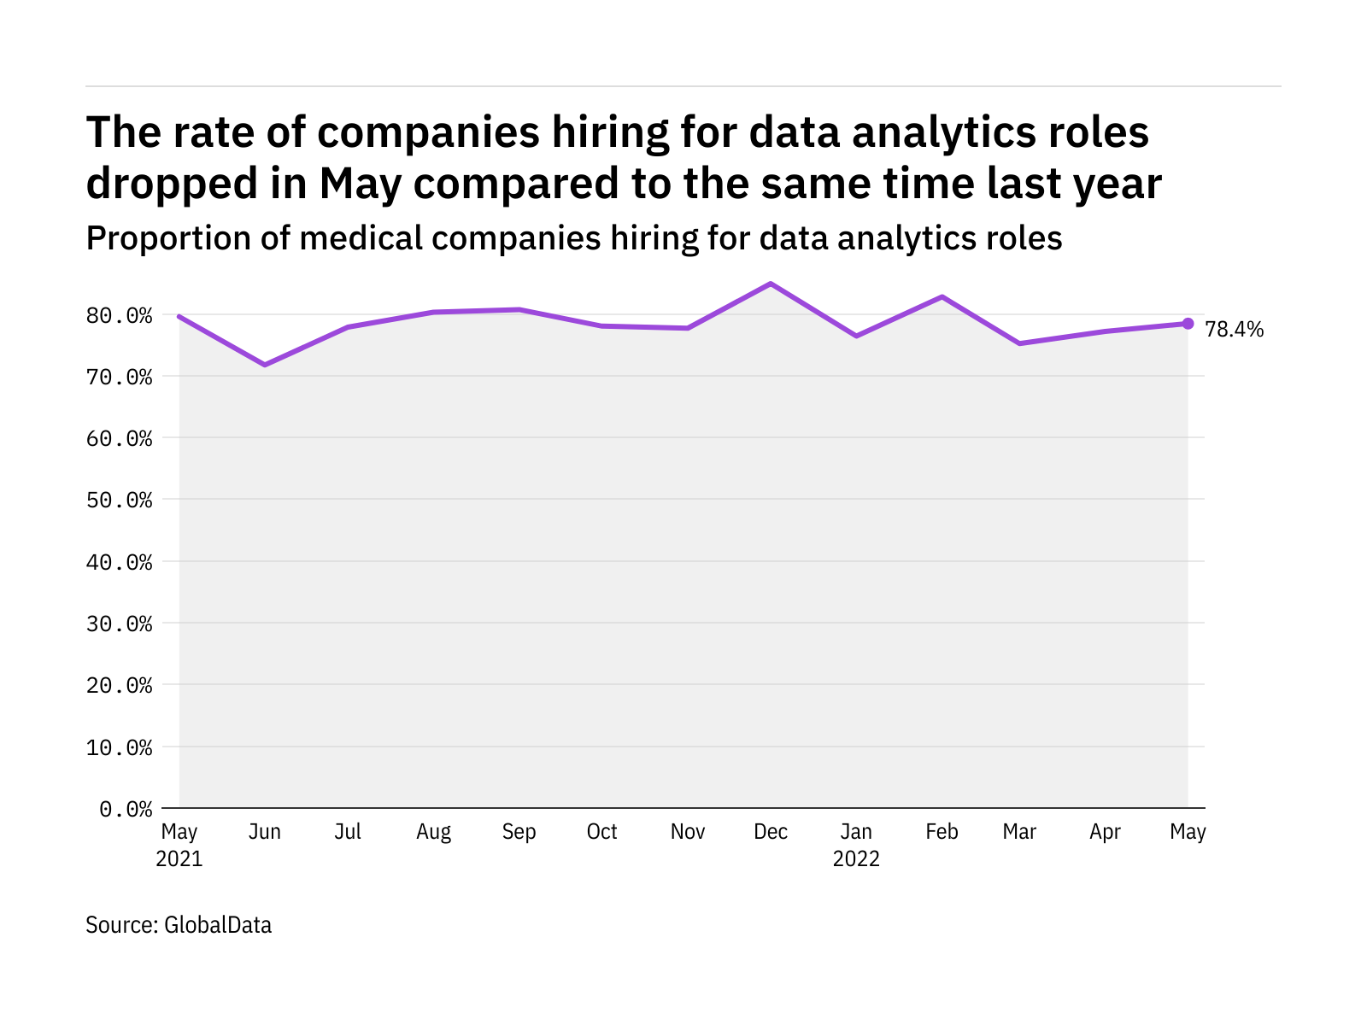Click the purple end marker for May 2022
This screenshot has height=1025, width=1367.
pos(1188,324)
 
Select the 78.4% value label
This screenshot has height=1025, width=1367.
pos(1234,330)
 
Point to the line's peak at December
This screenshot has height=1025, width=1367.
pos(771,284)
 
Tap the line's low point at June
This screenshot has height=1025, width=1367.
pos(265,365)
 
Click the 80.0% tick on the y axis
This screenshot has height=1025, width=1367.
pos(120,316)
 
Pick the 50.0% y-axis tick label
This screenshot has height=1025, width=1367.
pos(120,500)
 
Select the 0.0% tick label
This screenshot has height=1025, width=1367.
pos(126,809)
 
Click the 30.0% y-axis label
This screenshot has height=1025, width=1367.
pos(120,624)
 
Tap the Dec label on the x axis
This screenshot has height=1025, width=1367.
pos(771,832)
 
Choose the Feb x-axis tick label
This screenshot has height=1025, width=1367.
pos(942,832)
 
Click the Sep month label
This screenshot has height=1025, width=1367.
pos(519,832)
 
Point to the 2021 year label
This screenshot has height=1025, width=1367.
pos(179,858)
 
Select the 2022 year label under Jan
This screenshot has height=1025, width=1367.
pos(856,858)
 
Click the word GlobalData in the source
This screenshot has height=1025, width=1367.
pos(218,925)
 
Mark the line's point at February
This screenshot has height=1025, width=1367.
pos(942,296)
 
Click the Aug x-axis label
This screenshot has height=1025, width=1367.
pos(433,832)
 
